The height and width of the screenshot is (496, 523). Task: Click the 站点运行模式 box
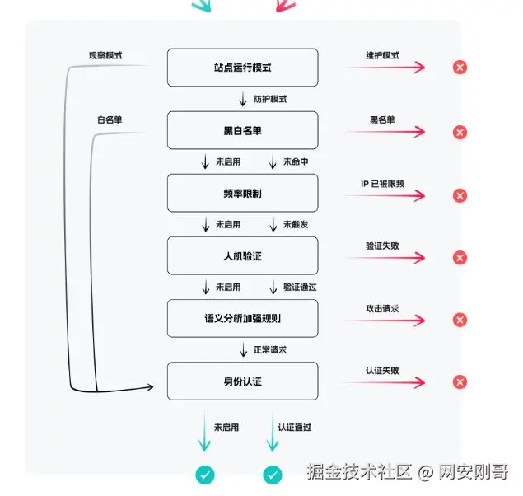(x=242, y=68)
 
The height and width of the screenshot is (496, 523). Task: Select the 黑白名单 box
(x=242, y=130)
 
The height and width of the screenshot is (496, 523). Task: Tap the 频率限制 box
(x=242, y=193)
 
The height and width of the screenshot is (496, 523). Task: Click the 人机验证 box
(x=242, y=255)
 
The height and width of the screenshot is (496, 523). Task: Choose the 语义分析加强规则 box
(x=242, y=318)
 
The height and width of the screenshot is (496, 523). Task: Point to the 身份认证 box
(x=242, y=381)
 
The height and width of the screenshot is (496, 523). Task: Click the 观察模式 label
(x=105, y=55)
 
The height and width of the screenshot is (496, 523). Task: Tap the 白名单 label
(x=110, y=119)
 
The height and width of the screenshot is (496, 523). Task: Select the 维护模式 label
(x=382, y=55)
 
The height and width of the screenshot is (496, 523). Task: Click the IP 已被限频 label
(x=382, y=184)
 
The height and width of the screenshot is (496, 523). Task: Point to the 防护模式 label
(x=270, y=99)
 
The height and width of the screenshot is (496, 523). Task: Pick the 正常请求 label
(x=270, y=350)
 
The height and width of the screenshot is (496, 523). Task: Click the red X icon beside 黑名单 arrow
(x=460, y=133)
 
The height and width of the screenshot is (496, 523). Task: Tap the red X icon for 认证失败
(x=460, y=382)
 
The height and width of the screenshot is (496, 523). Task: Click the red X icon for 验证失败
(x=460, y=258)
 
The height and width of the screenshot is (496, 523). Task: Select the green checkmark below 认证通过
(x=273, y=475)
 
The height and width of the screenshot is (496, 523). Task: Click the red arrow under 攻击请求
(x=385, y=321)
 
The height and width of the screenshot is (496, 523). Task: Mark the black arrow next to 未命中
(x=273, y=161)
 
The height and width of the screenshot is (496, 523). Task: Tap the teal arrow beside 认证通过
(x=273, y=430)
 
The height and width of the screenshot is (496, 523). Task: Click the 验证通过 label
(x=300, y=288)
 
